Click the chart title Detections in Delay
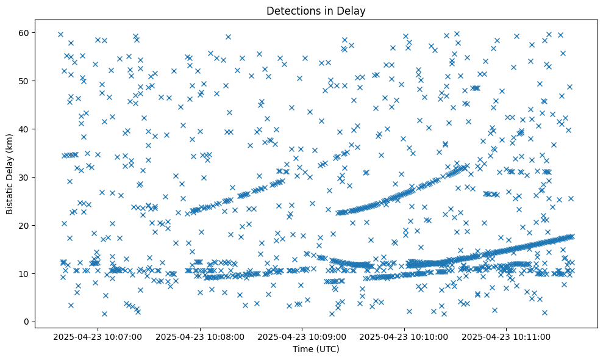click(x=316, y=10)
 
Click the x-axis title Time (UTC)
click(x=316, y=350)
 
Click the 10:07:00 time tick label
click(x=98, y=336)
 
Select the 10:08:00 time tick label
click(x=200, y=336)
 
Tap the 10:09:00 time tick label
click(x=302, y=336)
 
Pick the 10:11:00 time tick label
click(x=507, y=336)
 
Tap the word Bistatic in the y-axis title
click(x=10, y=195)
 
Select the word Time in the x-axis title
click(x=302, y=350)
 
